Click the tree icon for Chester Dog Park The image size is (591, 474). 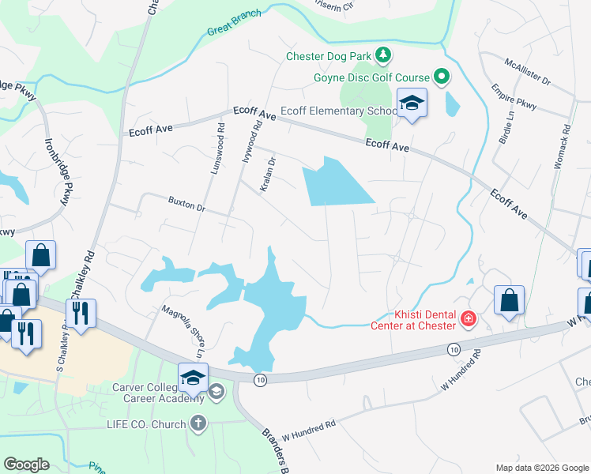click(x=383, y=55)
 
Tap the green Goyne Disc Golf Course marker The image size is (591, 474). click(x=441, y=77)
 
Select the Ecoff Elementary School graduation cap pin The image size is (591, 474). click(x=412, y=103)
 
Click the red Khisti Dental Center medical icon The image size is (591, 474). click(x=469, y=319)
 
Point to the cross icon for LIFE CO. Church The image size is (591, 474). click(x=198, y=424)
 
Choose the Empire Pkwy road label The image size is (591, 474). click(x=514, y=96)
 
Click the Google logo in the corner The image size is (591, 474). click(x=26, y=465)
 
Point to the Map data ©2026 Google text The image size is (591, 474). click(x=541, y=468)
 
